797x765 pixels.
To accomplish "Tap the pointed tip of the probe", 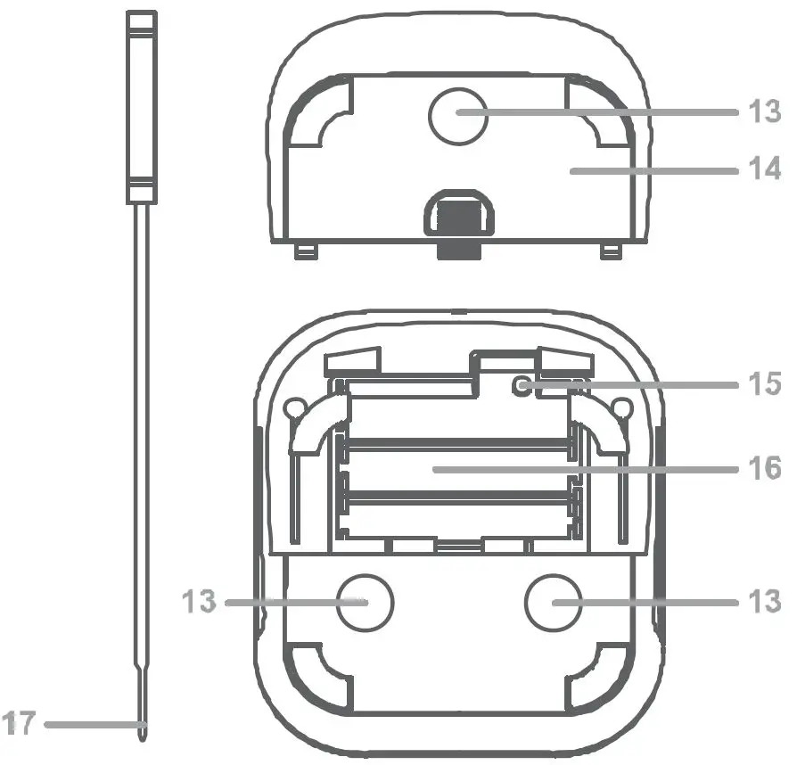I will pos(143,733).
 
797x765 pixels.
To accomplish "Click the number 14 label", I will pos(765,168).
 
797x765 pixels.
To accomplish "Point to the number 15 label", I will pos(765,385).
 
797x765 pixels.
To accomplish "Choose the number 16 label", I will pos(765,467).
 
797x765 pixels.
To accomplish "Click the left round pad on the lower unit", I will pos(365,603).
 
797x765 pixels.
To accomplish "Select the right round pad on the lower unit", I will pos(552,603).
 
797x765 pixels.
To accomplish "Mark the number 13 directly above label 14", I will pos(765,112).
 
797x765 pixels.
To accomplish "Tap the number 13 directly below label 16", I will pos(765,603).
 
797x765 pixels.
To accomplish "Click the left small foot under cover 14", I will pos(306,252).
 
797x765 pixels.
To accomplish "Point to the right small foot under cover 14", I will pos(610,252).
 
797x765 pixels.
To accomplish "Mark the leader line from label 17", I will pos(89,725).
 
